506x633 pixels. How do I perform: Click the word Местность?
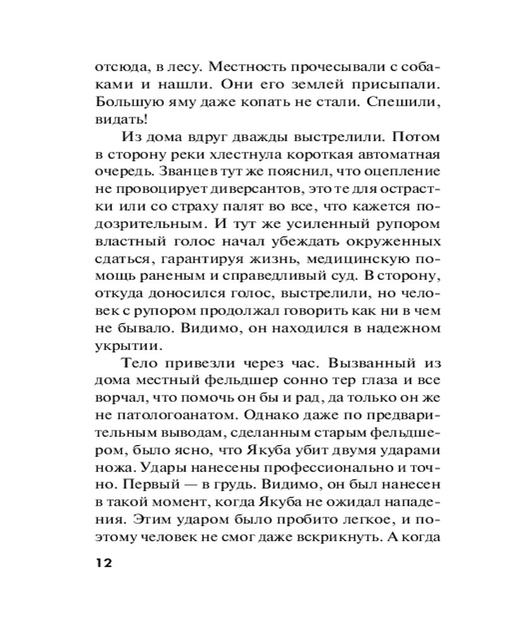(244, 66)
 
